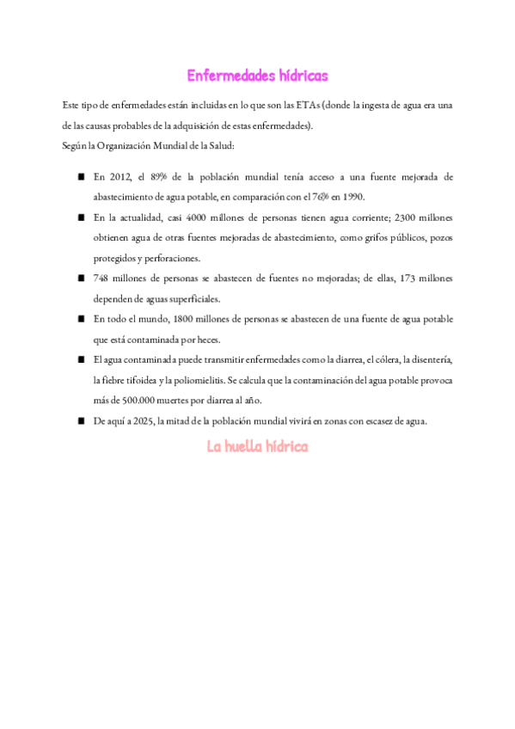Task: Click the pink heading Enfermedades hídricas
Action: coord(257,77)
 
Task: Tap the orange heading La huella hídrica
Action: coord(257,447)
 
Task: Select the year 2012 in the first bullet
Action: coord(121,176)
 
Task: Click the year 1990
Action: coord(351,195)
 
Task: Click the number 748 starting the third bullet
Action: coord(102,279)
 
